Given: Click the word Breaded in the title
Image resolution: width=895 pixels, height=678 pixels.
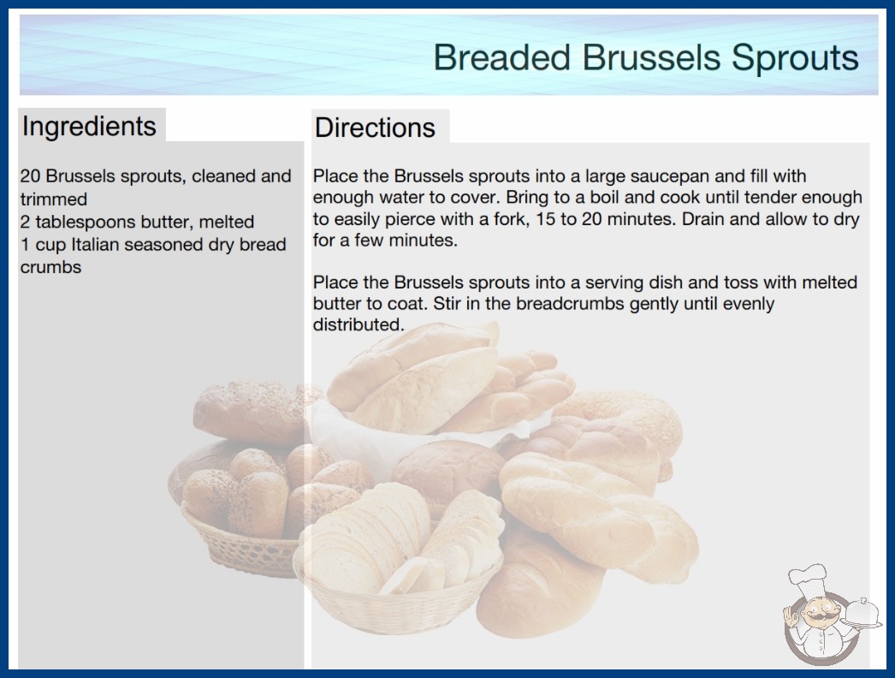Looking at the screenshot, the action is point(501,57).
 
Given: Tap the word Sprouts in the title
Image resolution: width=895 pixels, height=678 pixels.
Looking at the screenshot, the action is point(795,58).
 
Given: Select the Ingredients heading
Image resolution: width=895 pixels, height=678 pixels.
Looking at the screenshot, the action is point(89,127).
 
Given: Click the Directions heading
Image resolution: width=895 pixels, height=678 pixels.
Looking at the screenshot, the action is point(375,128).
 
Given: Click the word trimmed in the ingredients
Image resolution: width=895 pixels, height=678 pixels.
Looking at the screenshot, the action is point(54,199).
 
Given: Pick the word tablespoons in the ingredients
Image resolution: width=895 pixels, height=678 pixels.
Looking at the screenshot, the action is point(88,223).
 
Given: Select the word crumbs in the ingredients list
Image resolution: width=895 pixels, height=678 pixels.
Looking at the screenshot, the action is point(50,267).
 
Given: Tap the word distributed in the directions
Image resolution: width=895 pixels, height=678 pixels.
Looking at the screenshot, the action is point(359,324).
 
